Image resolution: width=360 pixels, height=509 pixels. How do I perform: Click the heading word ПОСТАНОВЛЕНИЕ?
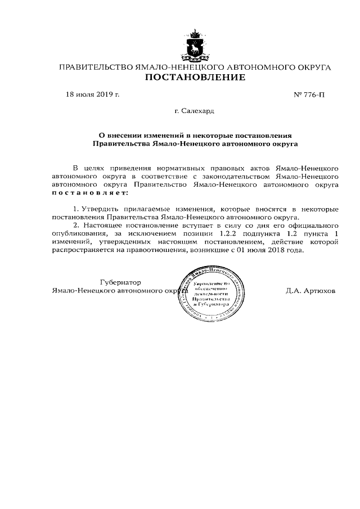[x=195, y=78]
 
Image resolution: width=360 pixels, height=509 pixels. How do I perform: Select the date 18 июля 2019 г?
[x=93, y=94]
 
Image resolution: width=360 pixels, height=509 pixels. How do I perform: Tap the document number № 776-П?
[x=309, y=94]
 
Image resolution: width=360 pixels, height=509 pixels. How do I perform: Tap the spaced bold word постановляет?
[x=89, y=192]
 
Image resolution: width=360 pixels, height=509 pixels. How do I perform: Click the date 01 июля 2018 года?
[x=270, y=249]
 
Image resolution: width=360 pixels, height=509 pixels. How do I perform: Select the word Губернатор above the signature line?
[x=120, y=282]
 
